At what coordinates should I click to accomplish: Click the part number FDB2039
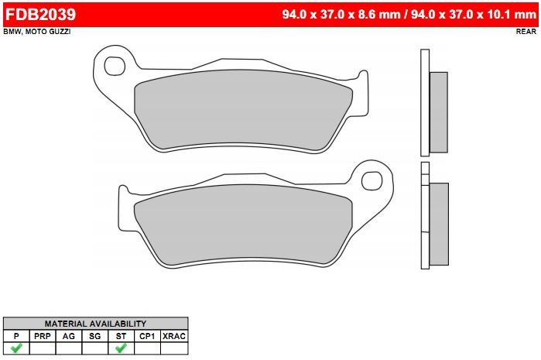tap(41, 15)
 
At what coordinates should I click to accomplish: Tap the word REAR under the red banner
tap(526, 32)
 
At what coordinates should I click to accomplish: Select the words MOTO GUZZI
tap(48, 32)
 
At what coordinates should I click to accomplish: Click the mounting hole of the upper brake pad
tap(115, 66)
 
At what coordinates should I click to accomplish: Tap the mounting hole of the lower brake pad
tap(372, 180)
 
